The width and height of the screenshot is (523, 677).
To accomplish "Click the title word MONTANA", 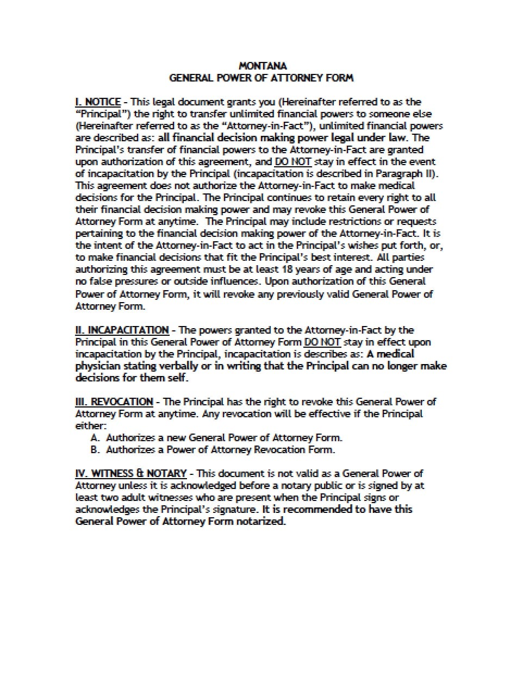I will pyautogui.click(x=262, y=66).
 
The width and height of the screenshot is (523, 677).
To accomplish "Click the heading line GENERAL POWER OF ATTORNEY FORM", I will pyautogui.click(x=261, y=78).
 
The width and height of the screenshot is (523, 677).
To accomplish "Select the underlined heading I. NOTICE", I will pyautogui.click(x=98, y=102).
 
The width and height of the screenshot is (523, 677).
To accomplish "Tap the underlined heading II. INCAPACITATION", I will pyautogui.click(x=122, y=330).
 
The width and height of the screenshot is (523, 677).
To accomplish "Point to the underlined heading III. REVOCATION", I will pyautogui.click(x=114, y=402).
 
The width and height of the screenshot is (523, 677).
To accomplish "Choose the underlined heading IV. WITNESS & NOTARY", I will pyautogui.click(x=130, y=473).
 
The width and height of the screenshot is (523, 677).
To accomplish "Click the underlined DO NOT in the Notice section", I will pyautogui.click(x=292, y=161).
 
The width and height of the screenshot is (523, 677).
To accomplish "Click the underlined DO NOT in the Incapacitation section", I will pyautogui.click(x=322, y=342).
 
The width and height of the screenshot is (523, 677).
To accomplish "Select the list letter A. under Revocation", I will pyautogui.click(x=95, y=437).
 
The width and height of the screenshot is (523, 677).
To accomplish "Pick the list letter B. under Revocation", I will pyautogui.click(x=95, y=449).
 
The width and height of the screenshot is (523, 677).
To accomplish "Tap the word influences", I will pyautogui.click(x=232, y=281).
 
